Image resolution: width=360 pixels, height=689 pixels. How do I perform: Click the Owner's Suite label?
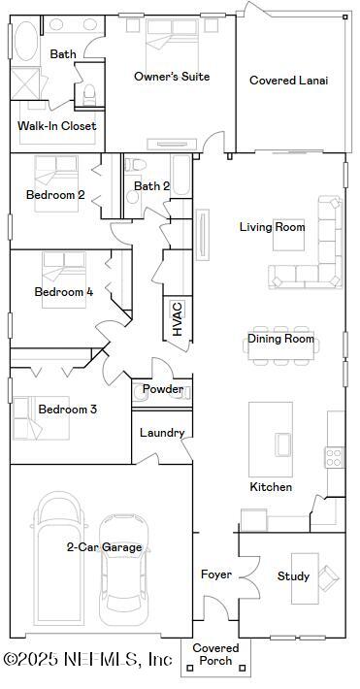coord(172,77)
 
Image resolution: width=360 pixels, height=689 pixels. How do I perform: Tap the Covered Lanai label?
coord(288,81)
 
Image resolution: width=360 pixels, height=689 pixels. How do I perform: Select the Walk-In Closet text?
coord(56,125)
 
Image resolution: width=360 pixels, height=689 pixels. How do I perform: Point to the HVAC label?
coord(178,318)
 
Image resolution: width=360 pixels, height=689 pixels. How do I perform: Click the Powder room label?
coord(163,389)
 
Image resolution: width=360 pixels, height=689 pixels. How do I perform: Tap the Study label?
coord(293,576)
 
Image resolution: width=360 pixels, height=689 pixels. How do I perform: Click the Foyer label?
coord(215,574)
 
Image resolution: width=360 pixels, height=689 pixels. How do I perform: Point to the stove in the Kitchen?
coord(335,455)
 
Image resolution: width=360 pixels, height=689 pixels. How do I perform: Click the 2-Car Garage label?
coord(104,547)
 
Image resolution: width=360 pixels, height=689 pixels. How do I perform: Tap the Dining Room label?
coord(280,339)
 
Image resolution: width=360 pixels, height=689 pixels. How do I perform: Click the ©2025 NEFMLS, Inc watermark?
coord(88,659)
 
